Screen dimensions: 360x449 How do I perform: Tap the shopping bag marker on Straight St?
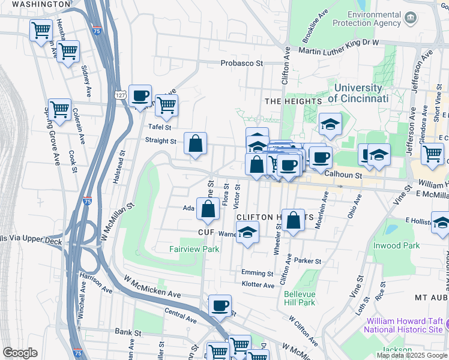pyautogui.click(x=196, y=145)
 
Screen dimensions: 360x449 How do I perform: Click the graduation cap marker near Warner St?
pyautogui.click(x=247, y=233)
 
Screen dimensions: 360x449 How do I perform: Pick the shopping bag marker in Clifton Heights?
pyautogui.click(x=294, y=220)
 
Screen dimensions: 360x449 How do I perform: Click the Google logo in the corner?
pyautogui.click(x=20, y=353)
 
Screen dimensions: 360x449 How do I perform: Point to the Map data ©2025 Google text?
pyautogui.click(x=411, y=355)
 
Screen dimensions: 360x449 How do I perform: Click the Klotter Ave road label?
pyautogui.click(x=258, y=284)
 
